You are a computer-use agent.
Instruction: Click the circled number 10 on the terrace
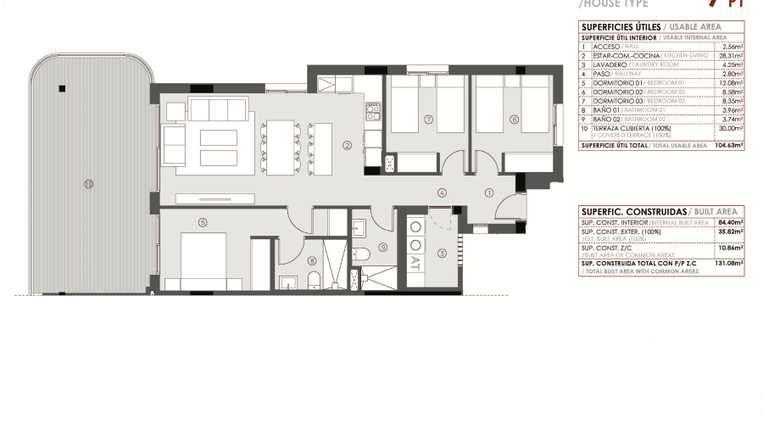88,183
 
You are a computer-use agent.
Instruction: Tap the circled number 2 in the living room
347,145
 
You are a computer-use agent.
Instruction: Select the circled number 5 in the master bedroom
203,223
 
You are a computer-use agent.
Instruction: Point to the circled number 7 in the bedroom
429,120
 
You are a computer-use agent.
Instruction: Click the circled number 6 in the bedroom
514,120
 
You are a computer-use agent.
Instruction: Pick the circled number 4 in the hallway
442,193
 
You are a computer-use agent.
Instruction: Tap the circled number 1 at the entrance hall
488,193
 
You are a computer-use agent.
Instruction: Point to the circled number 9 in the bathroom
382,248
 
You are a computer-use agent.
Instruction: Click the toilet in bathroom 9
361,254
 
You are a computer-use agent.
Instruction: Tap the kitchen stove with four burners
372,111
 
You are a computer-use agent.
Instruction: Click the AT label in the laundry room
416,265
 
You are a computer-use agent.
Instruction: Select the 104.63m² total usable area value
730,146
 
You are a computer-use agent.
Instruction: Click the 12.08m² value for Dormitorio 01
732,82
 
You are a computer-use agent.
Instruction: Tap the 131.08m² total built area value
730,264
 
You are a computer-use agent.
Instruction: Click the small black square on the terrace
60,87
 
